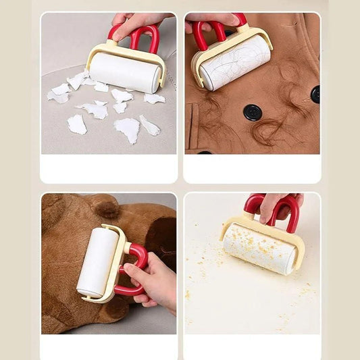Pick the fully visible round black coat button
(253, 113)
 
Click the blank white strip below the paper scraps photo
(109, 168)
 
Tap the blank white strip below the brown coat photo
(252, 168)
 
